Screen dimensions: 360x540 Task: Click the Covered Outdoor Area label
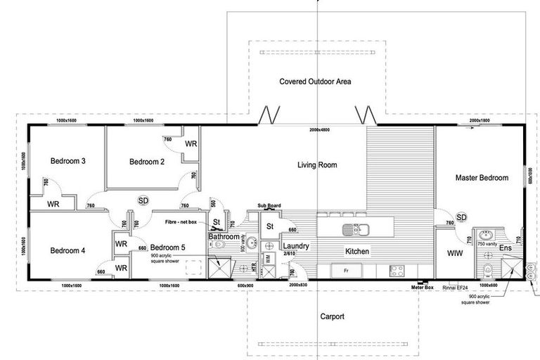315,82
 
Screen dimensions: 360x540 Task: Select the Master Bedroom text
481,178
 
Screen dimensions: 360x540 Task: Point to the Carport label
332,316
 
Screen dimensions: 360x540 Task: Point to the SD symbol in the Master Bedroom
462,217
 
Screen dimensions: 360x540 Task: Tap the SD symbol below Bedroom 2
143,200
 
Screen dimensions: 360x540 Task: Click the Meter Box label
423,288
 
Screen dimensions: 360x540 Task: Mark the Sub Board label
269,207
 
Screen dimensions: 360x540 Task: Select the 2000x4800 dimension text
319,131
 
